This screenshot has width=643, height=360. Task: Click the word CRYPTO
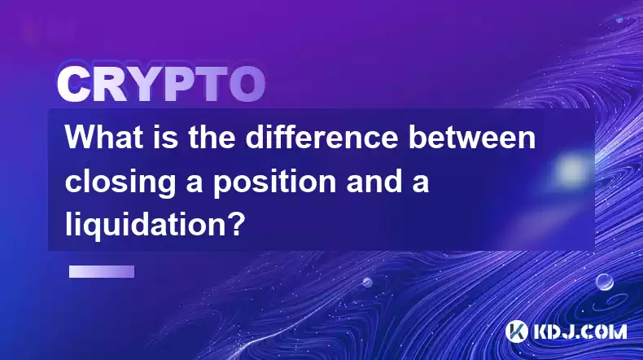[x=161, y=85]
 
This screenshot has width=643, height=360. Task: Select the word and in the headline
[x=373, y=181]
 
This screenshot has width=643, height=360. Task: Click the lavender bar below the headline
[x=102, y=271]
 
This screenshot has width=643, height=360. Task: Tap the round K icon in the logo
[x=517, y=331]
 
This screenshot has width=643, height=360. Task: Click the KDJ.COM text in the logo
[x=580, y=331]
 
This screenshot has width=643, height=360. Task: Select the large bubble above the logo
[x=605, y=283]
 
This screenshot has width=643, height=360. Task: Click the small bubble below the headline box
[x=367, y=282]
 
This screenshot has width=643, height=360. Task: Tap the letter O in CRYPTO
[x=247, y=85]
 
